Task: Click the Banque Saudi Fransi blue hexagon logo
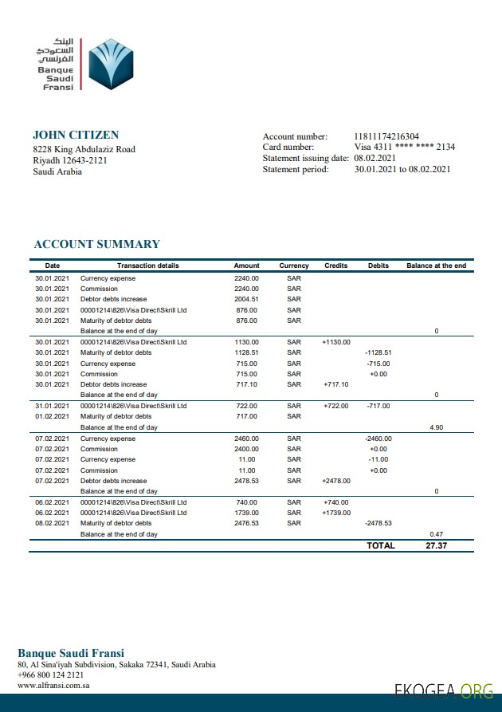pos(108,65)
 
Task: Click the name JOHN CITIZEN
pos(76,135)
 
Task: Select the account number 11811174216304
pos(386,136)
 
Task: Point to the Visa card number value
pos(405,147)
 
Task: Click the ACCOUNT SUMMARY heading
pos(96,244)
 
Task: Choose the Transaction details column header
pos(147,266)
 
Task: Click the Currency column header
pos(294,266)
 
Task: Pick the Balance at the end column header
pos(436,266)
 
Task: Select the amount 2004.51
pos(246,299)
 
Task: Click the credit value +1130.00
pos(336,341)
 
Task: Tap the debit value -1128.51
pos(378,352)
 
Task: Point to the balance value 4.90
pos(436,427)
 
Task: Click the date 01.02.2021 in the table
pos(53,416)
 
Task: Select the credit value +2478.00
pos(336,481)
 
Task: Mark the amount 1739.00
pos(246,513)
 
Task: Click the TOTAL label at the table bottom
pos(380,545)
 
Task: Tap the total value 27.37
pos(436,545)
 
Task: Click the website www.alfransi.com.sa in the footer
pos(53,685)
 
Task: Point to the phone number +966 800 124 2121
pos(50,675)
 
